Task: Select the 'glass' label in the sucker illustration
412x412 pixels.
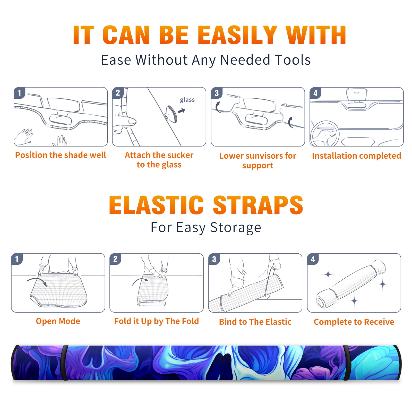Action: tap(187, 100)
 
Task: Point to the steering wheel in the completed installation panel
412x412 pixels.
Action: tap(324, 133)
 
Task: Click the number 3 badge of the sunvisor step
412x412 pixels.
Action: tap(217, 93)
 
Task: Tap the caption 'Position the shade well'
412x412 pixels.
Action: tap(61, 155)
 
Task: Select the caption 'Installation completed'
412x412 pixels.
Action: tap(356, 156)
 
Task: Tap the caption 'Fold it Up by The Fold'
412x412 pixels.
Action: tap(157, 321)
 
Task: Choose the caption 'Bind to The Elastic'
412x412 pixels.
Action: tap(255, 322)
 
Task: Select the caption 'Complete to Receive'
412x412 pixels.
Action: tap(354, 322)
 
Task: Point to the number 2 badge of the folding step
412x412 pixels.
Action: tap(115, 259)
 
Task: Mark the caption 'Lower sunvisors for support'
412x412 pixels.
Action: tap(258, 160)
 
